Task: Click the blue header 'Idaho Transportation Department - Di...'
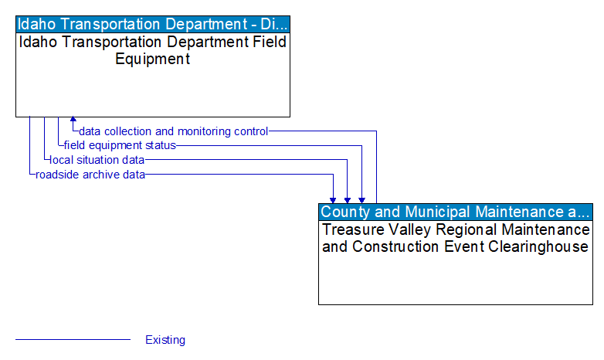(153, 23)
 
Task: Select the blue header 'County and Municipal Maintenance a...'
(456, 212)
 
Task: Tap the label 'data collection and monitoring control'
(174, 131)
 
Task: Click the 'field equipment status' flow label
(120, 145)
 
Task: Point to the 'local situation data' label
(97, 160)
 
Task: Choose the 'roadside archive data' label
(90, 175)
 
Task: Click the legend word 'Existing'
(165, 340)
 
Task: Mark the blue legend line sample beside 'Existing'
(73, 340)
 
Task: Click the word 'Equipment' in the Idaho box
(153, 59)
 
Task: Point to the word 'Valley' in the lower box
(399, 230)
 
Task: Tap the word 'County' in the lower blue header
(344, 212)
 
